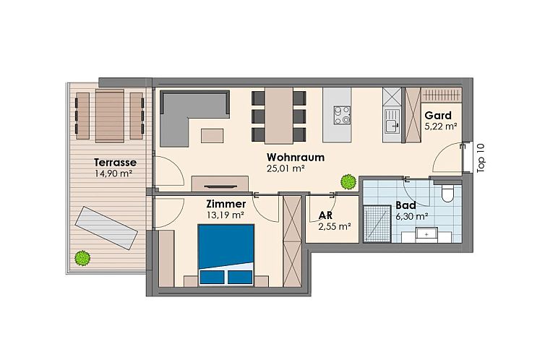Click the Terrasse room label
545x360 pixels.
pos(115,162)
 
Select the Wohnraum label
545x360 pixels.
pos(295,157)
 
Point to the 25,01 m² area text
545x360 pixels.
pos(286,168)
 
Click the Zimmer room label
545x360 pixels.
pos(226,204)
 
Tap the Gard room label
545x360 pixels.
pos(438,115)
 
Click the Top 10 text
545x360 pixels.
pos(482,157)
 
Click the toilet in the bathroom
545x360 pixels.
pos(447,193)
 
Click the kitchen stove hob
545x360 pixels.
pos(342,114)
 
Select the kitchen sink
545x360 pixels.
pos(391,124)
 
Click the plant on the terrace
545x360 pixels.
pos(82,257)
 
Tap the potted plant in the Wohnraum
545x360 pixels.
pos(348,181)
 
